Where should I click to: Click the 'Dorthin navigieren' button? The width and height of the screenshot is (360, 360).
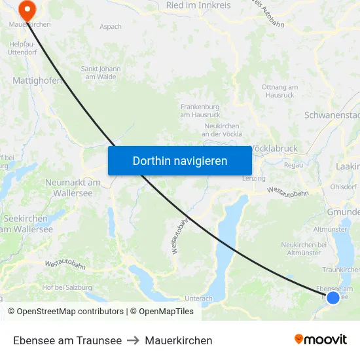point(179,160)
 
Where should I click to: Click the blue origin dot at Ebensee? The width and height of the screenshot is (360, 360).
point(333,297)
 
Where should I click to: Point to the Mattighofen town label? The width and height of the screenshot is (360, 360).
point(37,81)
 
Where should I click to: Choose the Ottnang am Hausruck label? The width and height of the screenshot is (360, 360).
point(279,91)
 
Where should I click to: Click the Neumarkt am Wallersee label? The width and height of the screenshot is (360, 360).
point(73,187)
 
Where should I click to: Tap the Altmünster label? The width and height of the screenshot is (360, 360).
point(331,230)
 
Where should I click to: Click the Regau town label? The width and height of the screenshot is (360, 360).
point(294,165)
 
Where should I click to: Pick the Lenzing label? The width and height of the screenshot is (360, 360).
point(253,178)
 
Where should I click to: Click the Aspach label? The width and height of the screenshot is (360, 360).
point(111,26)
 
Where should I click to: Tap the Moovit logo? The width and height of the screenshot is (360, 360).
point(320,340)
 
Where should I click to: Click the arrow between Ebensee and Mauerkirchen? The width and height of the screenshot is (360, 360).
point(133,340)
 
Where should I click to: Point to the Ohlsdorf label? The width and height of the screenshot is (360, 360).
point(343,187)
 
